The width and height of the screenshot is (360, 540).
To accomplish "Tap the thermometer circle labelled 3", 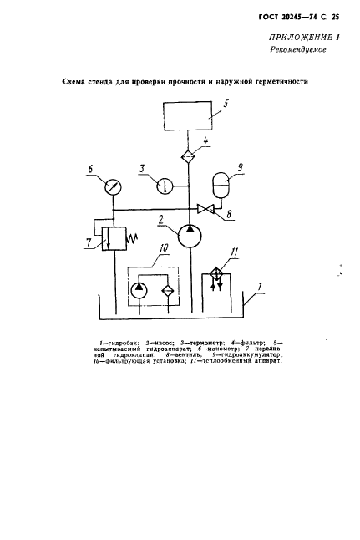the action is pyautogui.click(x=165, y=186).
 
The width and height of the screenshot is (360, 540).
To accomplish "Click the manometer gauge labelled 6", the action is pyautogui.click(x=114, y=187).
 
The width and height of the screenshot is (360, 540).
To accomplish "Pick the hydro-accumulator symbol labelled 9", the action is pyautogui.click(x=221, y=186).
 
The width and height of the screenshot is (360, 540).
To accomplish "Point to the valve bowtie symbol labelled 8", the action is pyautogui.click(x=205, y=209).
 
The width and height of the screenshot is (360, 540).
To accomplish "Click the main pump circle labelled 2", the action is pyautogui.click(x=190, y=237).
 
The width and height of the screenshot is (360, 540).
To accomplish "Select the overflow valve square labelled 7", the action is pyautogui.click(x=114, y=239).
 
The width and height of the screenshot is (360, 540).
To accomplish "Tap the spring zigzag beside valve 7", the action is pyautogui.click(x=133, y=238).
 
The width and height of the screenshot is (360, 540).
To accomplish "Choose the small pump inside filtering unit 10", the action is pyautogui.click(x=139, y=291).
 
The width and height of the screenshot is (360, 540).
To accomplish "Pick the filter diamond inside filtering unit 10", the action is pyautogui.click(x=168, y=291).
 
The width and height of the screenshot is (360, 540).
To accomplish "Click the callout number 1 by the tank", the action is pyautogui.click(x=261, y=287).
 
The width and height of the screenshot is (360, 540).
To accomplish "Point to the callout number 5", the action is pyautogui.click(x=226, y=104).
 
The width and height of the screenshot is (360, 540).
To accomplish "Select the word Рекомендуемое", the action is pyautogui.click(x=298, y=49).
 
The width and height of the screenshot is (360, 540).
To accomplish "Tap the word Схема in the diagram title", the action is pyautogui.click(x=73, y=82).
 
